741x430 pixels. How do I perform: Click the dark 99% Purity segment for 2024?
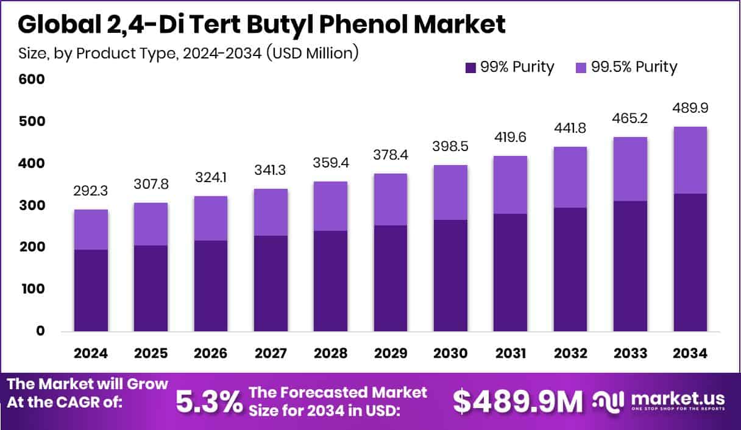[91, 291]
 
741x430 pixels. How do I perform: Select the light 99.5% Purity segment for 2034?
[690, 160]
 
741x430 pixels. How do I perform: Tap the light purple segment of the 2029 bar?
[391, 199]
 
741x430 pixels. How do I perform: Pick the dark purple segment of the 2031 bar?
[510, 272]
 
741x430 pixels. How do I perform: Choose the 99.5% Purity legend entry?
[625, 67]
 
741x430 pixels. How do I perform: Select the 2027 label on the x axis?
[271, 354]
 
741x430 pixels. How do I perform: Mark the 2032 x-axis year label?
[570, 354]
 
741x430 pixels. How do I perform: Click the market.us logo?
[662, 401]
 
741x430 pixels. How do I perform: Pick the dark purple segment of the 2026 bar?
[211, 286]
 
